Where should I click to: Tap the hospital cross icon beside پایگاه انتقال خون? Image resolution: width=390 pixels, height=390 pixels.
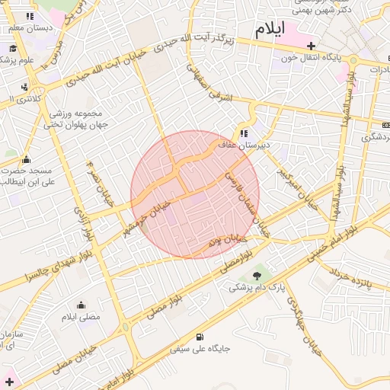(x=311, y=46)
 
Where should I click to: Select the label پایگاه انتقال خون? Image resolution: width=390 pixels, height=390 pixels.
(x=316, y=58)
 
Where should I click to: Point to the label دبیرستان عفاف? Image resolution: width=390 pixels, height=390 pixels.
(x=244, y=145)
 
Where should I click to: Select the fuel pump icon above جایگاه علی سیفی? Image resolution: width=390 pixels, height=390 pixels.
(x=200, y=337)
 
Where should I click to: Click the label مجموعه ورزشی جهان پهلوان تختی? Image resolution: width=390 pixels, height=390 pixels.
(x=80, y=120)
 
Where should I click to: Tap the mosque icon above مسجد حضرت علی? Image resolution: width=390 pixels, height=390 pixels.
(x=27, y=159)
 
